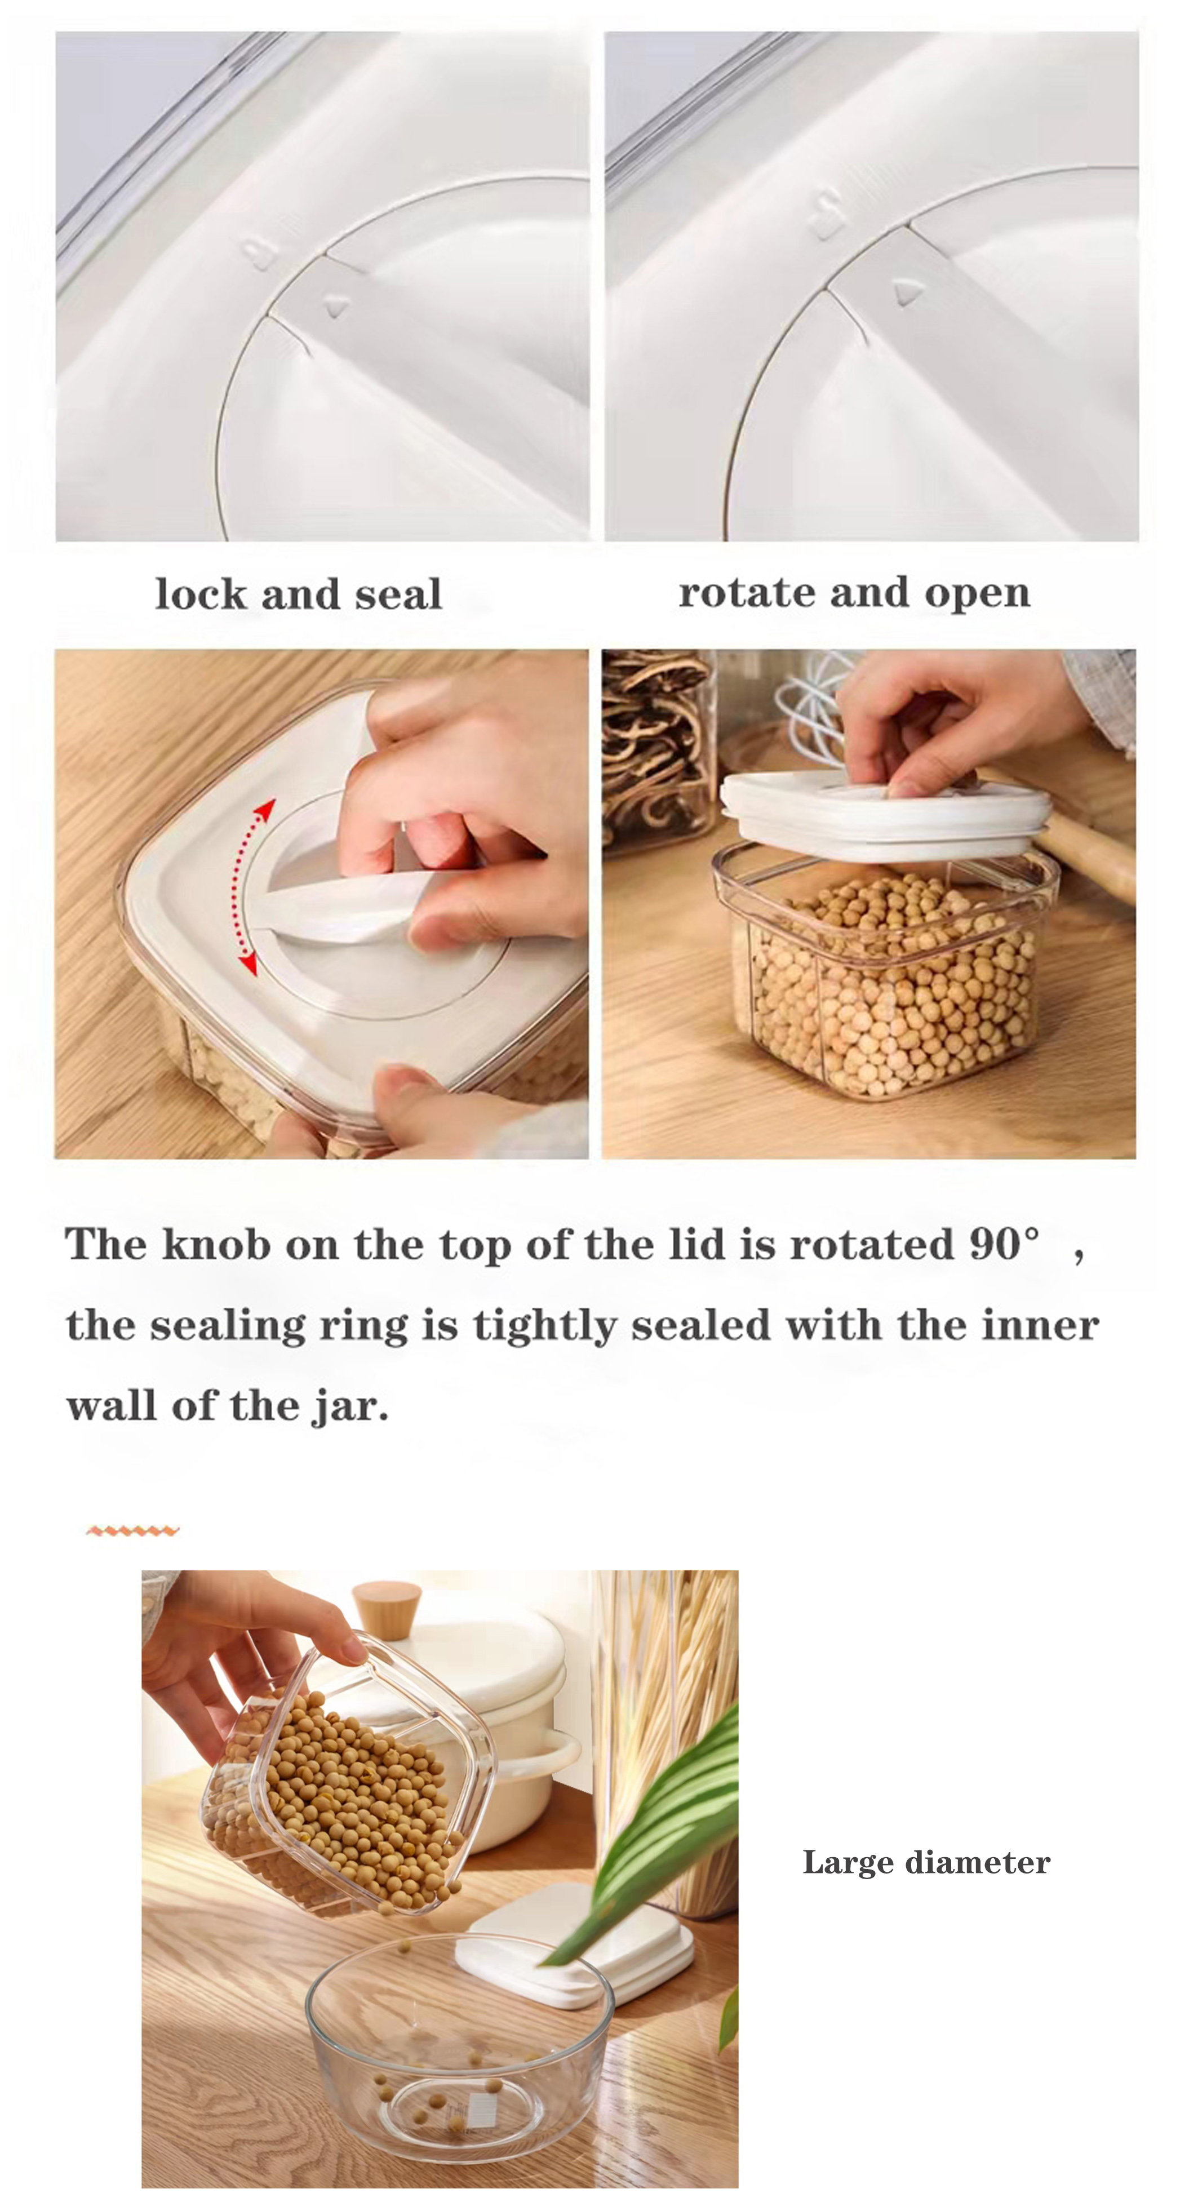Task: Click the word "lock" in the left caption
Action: click(201, 594)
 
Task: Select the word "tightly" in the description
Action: click(544, 1325)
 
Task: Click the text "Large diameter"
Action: click(926, 1863)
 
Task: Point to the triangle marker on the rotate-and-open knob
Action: click(906, 292)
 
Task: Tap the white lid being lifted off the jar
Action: click(884, 815)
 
